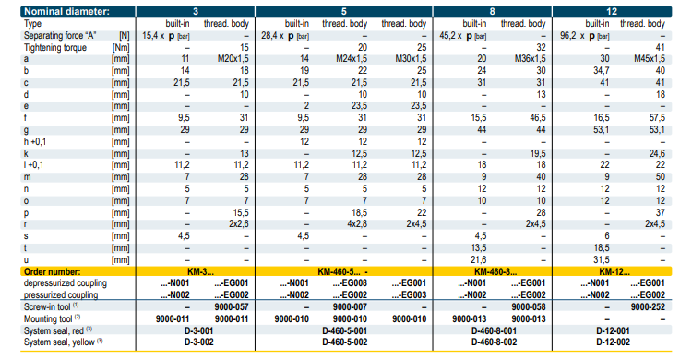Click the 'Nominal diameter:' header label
coord(66,11)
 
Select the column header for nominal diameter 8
coord(492,11)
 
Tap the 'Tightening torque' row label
coord(55,47)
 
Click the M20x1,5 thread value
coord(233,59)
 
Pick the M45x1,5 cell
coord(650,59)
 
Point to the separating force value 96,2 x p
coord(585,35)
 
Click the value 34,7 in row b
coord(601,71)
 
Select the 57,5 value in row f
coord(657,118)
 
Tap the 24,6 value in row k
coord(657,154)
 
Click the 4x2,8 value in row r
coord(357,224)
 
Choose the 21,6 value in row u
coord(478,259)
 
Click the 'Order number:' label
coord(52,271)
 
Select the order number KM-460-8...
coord(495,271)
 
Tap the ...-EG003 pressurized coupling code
coord(409,295)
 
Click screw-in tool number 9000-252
coord(648,307)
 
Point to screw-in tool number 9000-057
coord(232,307)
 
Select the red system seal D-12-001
coord(613,330)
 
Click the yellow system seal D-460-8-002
coord(494,342)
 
